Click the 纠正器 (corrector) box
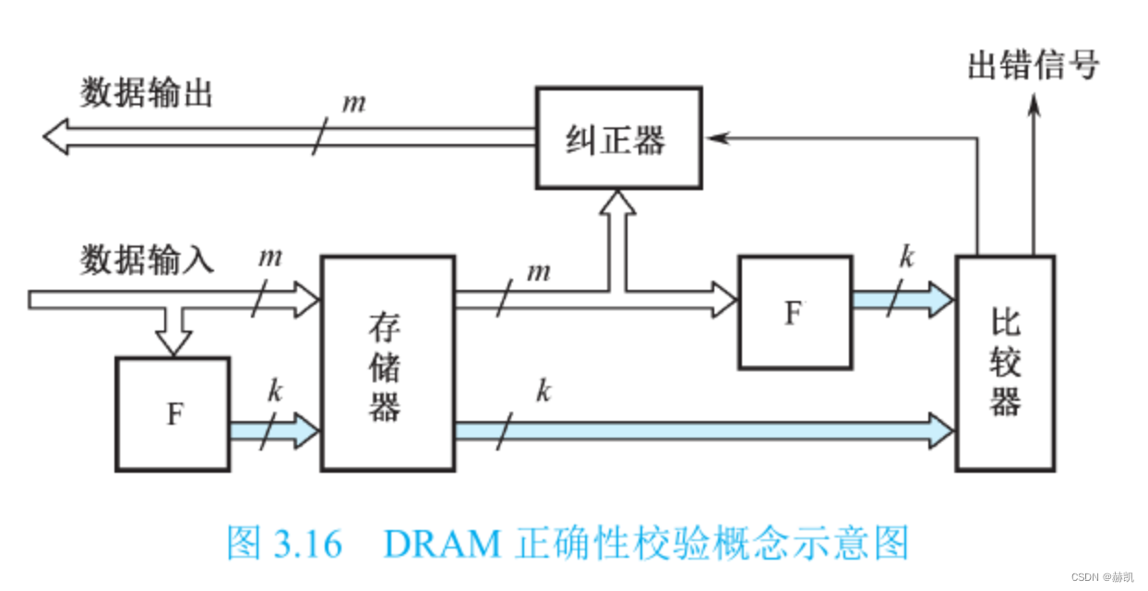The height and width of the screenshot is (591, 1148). [618, 139]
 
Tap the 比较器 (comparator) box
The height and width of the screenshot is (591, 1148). [1004, 363]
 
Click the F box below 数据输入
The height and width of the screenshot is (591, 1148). [173, 414]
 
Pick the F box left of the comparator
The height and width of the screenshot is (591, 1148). [794, 312]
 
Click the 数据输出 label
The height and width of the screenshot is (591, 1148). [147, 93]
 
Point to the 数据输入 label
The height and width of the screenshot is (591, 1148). [147, 259]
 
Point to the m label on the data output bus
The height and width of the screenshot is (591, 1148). [353, 101]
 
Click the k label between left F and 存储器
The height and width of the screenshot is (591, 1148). [274, 390]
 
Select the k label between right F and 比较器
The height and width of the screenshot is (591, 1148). [906, 257]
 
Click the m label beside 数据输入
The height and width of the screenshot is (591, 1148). [269, 257]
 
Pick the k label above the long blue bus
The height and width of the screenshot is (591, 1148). [544, 392]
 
